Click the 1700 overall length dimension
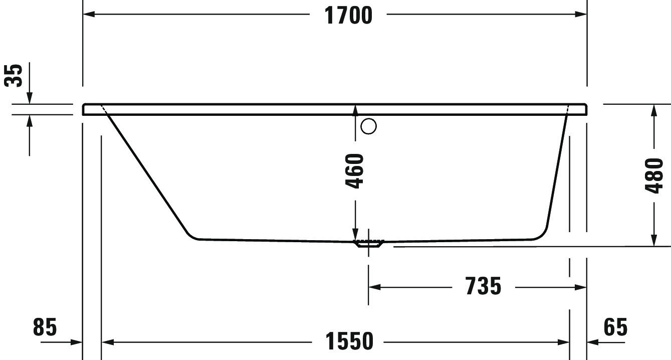pyautogui.click(x=349, y=15)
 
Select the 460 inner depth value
pyautogui.click(x=355, y=171)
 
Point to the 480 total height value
pyautogui.click(x=653, y=175)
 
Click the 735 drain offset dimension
pyautogui.click(x=483, y=287)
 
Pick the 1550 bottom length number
pyautogui.click(x=350, y=342)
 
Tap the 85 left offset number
pyautogui.click(x=45, y=327)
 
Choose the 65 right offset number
pyautogui.click(x=615, y=327)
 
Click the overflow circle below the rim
pyautogui.click(x=368, y=126)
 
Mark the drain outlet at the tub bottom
pyautogui.click(x=368, y=244)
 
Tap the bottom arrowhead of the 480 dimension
pyautogui.click(x=653, y=240)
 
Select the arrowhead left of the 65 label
pyautogui.click(x=593, y=342)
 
